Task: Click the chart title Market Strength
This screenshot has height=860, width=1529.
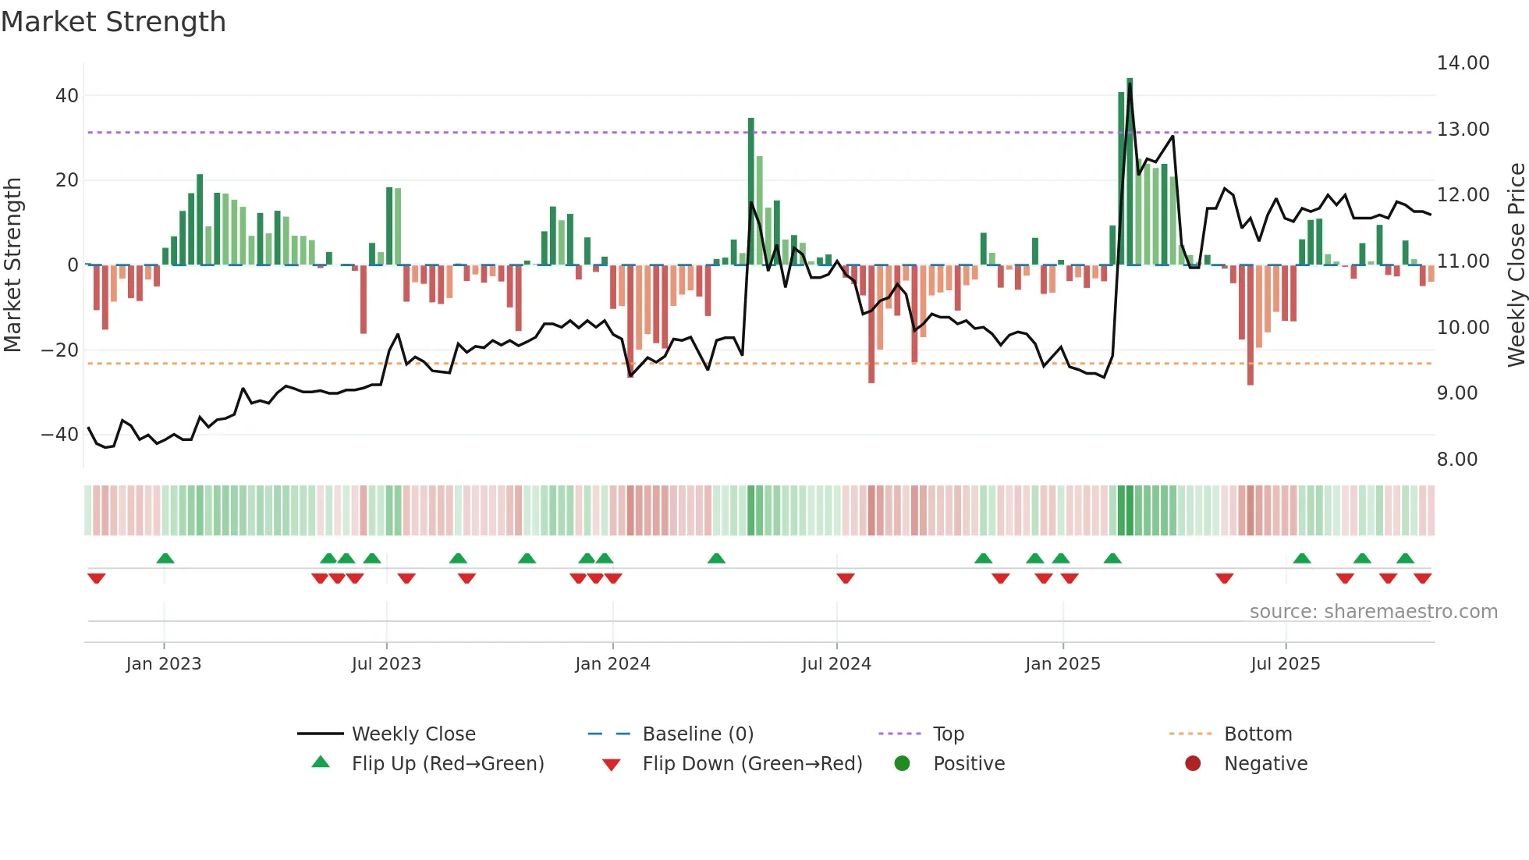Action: pyautogui.click(x=113, y=22)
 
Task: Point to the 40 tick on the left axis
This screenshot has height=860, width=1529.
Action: pyautogui.click(x=67, y=96)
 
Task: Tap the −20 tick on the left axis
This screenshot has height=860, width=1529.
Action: pyautogui.click(x=61, y=350)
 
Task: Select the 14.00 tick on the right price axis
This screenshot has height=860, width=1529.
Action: pyautogui.click(x=1463, y=63)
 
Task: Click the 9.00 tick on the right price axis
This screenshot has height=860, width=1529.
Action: pyautogui.click(x=1457, y=393)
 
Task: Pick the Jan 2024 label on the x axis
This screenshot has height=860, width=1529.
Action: pyautogui.click(x=612, y=664)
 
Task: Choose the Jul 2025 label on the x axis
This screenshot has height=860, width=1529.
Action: pyautogui.click(x=1285, y=664)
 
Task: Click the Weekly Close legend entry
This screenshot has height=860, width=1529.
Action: pyautogui.click(x=413, y=734)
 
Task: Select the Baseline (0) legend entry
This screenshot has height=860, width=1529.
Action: pyautogui.click(x=697, y=734)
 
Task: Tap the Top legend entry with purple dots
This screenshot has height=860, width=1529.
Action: pyautogui.click(x=949, y=734)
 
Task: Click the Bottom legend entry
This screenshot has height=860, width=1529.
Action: pyautogui.click(x=1258, y=734)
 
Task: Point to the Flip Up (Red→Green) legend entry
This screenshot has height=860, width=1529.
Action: pyautogui.click(x=447, y=764)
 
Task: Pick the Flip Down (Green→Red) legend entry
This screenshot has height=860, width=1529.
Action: pyautogui.click(x=752, y=764)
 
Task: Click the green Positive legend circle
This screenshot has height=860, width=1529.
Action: pyautogui.click(x=903, y=764)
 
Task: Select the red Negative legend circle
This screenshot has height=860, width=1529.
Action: pyautogui.click(x=1193, y=764)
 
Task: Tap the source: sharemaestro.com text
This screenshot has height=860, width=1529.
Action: pyautogui.click(x=1373, y=612)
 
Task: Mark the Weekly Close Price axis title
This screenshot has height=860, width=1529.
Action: pyautogui.click(x=1516, y=265)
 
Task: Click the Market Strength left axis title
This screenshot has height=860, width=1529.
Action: pyautogui.click(x=13, y=265)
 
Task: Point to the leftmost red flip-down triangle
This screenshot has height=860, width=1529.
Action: pyautogui.click(x=97, y=578)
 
